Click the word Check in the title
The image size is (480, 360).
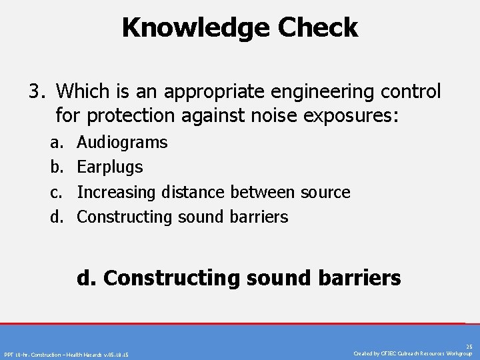coord(318,28)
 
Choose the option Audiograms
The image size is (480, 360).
coord(123,142)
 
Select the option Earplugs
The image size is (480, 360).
coord(110,167)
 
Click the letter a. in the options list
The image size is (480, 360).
coord(55,142)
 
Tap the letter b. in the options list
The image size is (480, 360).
coord(55,167)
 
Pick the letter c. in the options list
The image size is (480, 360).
coord(55,192)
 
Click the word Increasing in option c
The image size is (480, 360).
coord(117,192)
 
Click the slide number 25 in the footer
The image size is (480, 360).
coord(469,347)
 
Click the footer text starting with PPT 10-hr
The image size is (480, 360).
coord(67,354)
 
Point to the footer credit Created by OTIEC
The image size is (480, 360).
coord(413,353)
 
